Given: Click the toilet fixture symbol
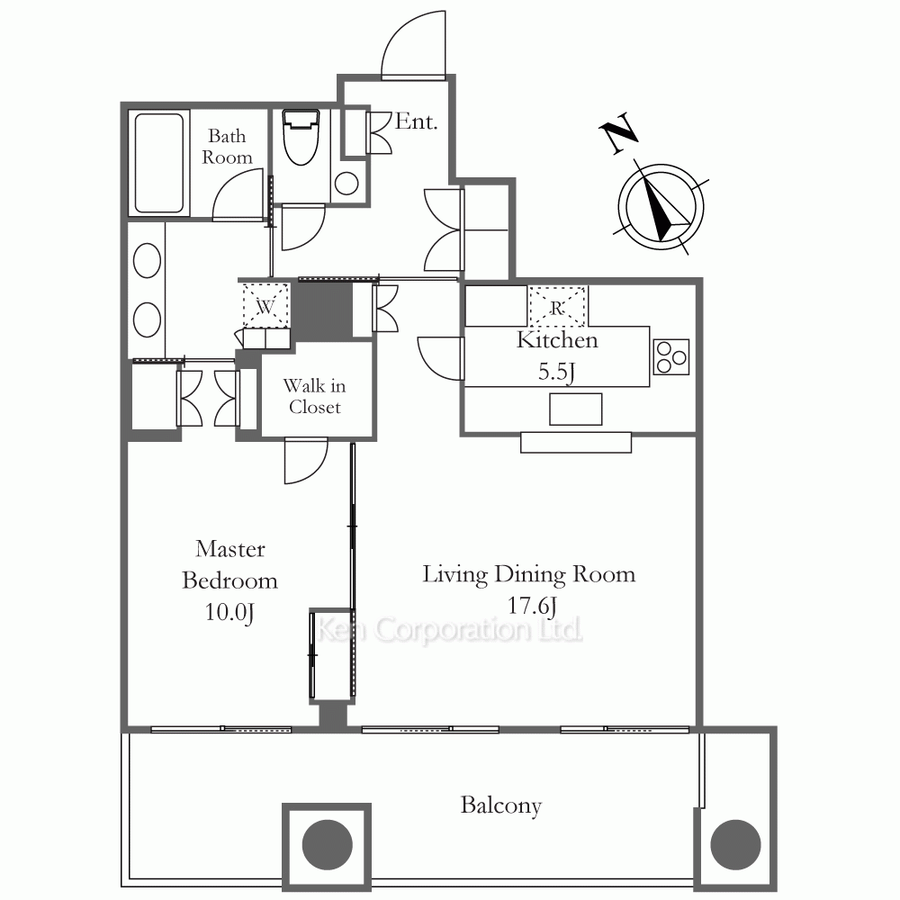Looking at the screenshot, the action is click(x=301, y=137).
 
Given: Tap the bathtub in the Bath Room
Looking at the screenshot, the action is click(x=159, y=162).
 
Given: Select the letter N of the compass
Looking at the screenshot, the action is click(x=619, y=133).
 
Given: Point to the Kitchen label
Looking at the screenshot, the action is click(x=557, y=340).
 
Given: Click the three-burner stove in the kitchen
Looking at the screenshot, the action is click(x=671, y=357).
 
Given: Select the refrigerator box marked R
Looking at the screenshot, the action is click(x=557, y=307).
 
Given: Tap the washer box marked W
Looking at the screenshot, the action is click(x=265, y=306).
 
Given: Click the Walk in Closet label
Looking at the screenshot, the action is click(x=314, y=396).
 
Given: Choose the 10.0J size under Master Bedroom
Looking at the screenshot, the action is click(x=229, y=612).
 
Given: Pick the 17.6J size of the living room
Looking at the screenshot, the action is click(x=532, y=606).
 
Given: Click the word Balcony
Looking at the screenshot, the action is click(x=501, y=805).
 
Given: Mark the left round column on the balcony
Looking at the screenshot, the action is click(x=328, y=844).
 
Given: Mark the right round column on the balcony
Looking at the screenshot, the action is click(x=735, y=844).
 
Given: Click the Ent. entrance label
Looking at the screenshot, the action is click(x=416, y=121).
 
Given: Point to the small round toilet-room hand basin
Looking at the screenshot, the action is click(x=346, y=184).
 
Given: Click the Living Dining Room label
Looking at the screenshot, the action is click(x=528, y=574).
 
